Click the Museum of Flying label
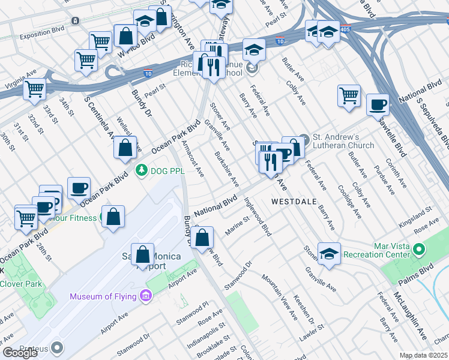click(103, 296)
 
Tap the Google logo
click(20, 352)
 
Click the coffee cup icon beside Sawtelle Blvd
click(378, 104)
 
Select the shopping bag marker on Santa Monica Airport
click(143, 254)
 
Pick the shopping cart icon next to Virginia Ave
click(35, 89)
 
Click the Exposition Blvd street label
click(41, 28)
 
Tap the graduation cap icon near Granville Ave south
click(329, 254)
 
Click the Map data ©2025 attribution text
click(423, 355)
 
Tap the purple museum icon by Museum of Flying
click(145, 295)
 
